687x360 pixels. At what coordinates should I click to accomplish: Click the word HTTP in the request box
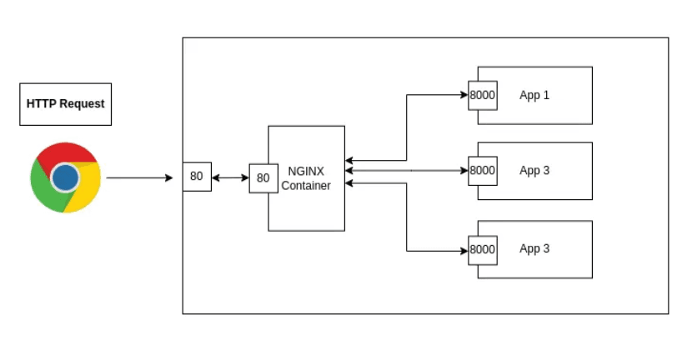coord(41,104)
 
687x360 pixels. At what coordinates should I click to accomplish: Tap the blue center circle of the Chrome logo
coord(65,177)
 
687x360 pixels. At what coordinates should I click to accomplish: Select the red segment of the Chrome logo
coord(66,155)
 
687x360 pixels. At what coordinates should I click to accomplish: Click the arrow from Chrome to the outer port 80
coord(138,177)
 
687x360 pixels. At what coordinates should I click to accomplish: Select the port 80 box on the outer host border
coord(197,177)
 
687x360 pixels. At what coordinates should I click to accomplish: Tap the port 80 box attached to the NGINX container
coord(263,177)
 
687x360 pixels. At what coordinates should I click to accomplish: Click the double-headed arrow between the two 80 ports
coord(230,177)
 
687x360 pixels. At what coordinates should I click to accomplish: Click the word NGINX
coord(306,171)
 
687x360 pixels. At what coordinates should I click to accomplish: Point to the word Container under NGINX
coord(306,185)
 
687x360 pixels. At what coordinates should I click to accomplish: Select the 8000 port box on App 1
coord(483,95)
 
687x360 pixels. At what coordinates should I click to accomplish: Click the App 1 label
coord(534,95)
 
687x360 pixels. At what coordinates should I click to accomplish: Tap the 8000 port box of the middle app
coord(483,171)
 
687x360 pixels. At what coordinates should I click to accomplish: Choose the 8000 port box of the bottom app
coord(483,249)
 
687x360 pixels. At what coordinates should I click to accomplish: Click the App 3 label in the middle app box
coord(534,171)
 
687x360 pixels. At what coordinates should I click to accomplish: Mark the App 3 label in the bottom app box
coord(534,249)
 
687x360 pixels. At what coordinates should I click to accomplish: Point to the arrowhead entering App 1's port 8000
coord(464,95)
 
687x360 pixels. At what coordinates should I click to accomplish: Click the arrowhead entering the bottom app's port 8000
coord(464,250)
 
